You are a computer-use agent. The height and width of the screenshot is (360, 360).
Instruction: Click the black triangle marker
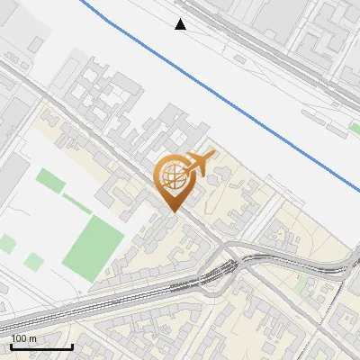pyautogui.click(x=181, y=24)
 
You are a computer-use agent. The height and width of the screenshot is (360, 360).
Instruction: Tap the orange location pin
pyautogui.click(x=176, y=179)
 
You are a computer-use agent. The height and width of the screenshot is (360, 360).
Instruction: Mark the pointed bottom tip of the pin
pyautogui.click(x=173, y=211)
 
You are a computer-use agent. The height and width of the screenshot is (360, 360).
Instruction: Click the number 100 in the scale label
pyautogui.click(x=19, y=338)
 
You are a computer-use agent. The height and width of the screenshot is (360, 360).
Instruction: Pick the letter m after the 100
pyautogui.click(x=33, y=338)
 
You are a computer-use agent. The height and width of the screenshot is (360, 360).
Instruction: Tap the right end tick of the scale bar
pyautogui.click(x=71, y=345)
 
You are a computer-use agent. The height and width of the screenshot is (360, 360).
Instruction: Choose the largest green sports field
pyautogui.click(x=93, y=247)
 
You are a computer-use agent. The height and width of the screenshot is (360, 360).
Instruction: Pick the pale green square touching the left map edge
pyautogui.click(x=6, y=243)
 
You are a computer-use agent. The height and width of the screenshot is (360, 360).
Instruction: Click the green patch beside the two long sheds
pyautogui.click(x=354, y=129)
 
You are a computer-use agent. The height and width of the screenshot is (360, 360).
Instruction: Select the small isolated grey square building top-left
pyautogui.click(x=35, y=44)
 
